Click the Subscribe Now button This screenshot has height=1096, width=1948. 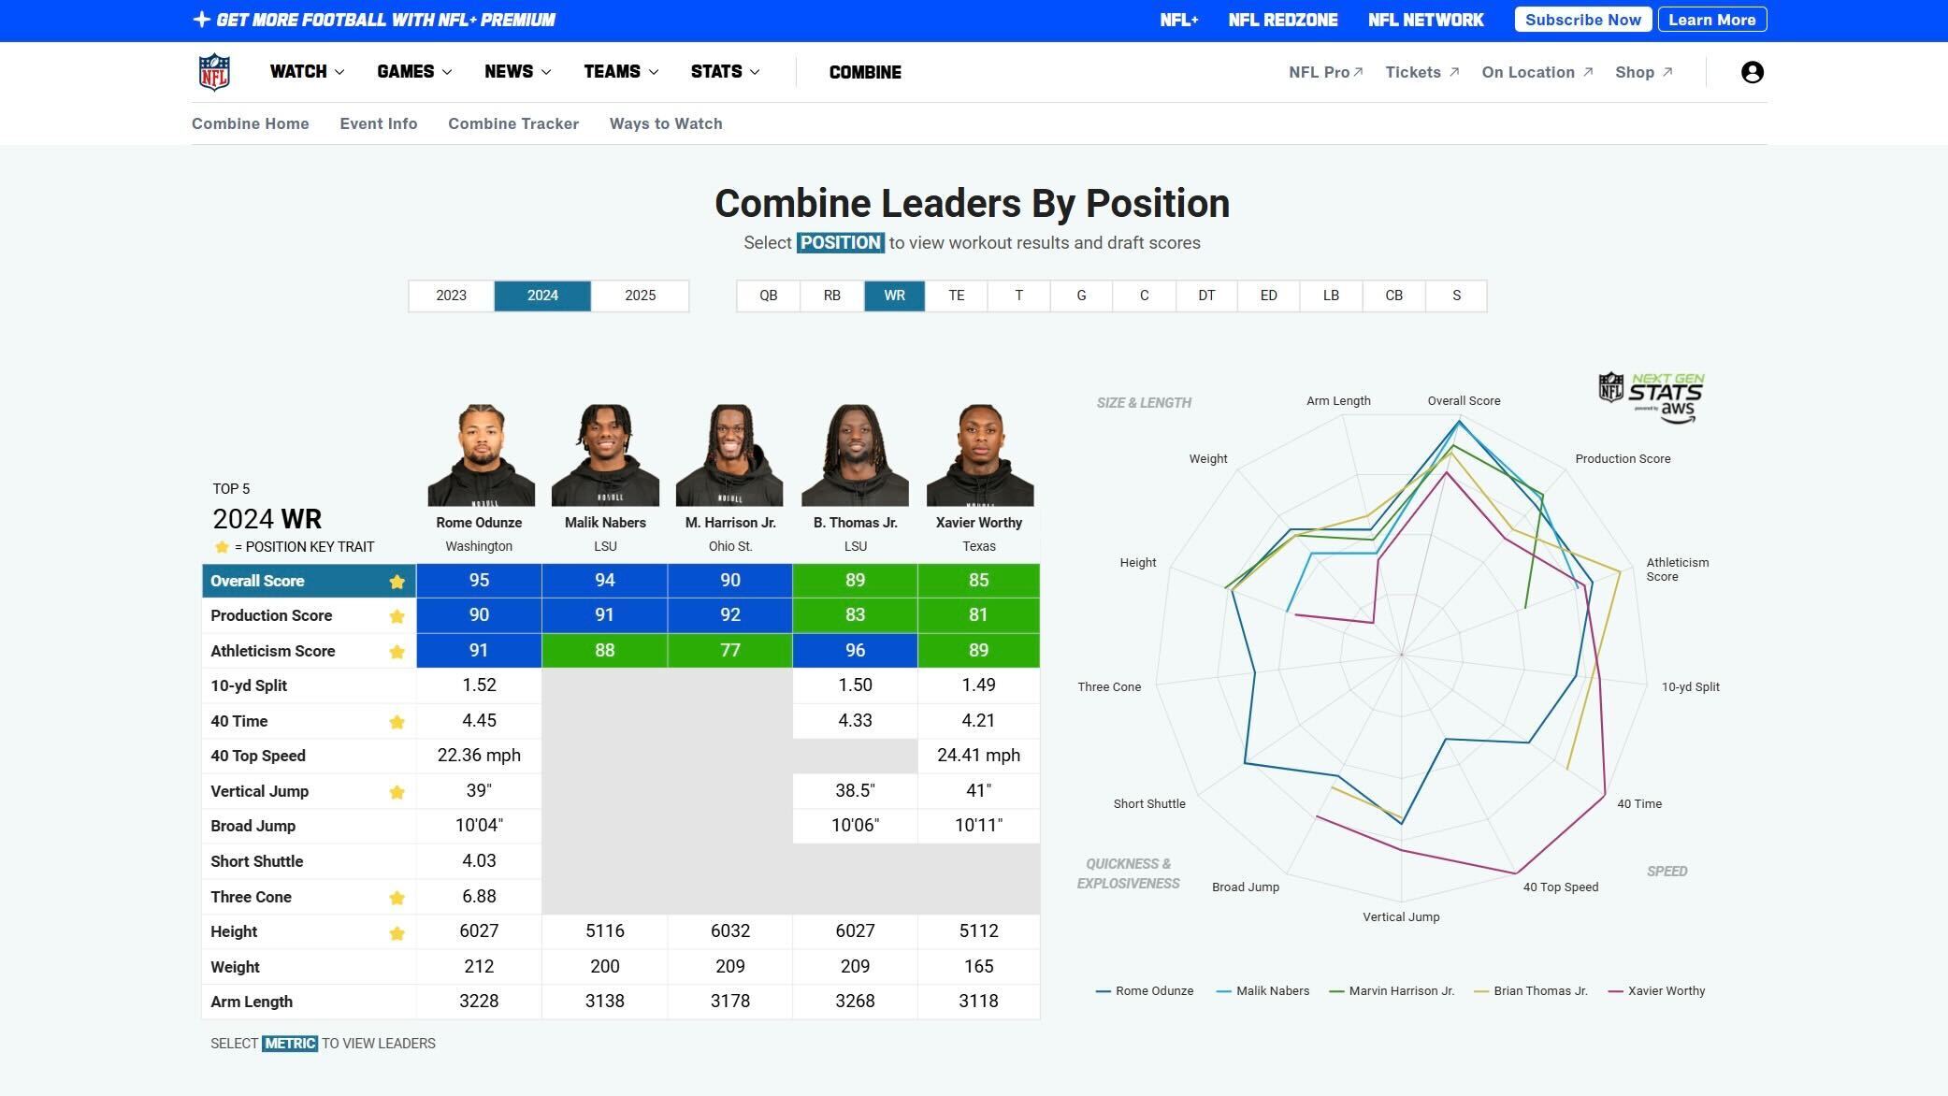point(1582,20)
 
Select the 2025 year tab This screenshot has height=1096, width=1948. point(640,296)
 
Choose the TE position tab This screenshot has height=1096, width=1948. point(956,296)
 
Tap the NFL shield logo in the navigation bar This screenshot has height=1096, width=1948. point(214,72)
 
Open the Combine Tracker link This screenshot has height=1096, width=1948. point(512,123)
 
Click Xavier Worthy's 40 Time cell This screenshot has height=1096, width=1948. point(978,721)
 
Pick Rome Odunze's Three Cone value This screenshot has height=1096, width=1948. point(479,897)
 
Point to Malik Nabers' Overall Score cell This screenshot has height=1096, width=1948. point(604,581)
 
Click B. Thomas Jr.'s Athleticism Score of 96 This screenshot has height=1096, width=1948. point(855,651)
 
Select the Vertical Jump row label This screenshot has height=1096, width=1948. point(259,791)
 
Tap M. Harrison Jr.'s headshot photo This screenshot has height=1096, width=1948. point(729,455)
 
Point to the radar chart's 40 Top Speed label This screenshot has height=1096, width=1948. point(1560,887)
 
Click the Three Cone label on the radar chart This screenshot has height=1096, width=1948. point(1108,687)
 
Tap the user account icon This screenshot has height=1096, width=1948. point(1752,72)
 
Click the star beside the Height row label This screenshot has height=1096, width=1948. point(397,933)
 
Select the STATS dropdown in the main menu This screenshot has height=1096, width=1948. point(725,72)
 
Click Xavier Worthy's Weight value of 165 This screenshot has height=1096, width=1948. point(978,967)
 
